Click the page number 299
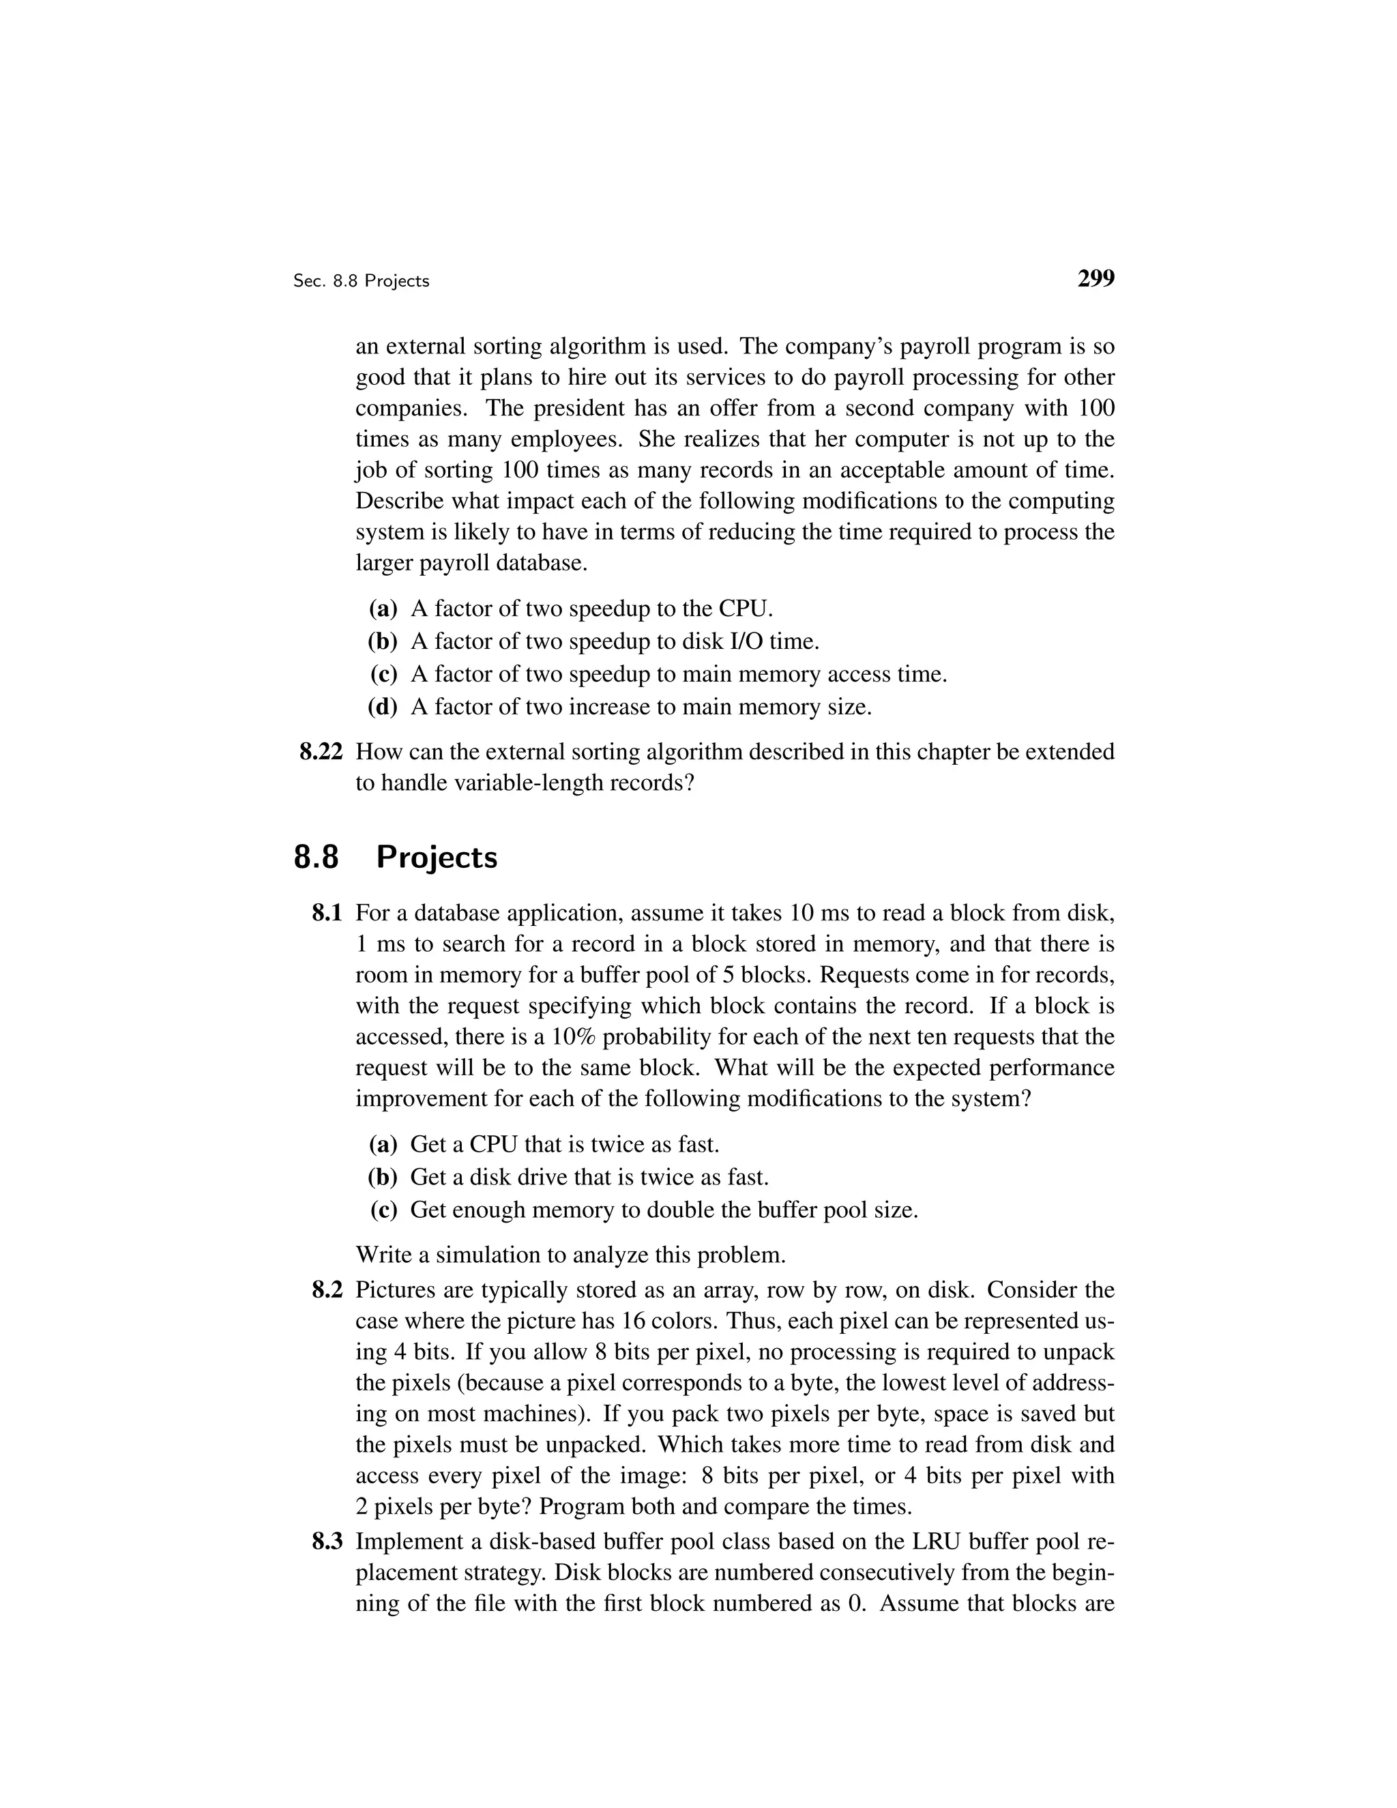[1095, 279]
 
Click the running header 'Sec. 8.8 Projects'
[361, 282]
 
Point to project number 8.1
[327, 913]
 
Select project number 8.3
[327, 1541]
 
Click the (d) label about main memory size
[383, 707]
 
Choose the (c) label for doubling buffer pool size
[383, 1210]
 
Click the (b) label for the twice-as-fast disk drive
[383, 1177]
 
